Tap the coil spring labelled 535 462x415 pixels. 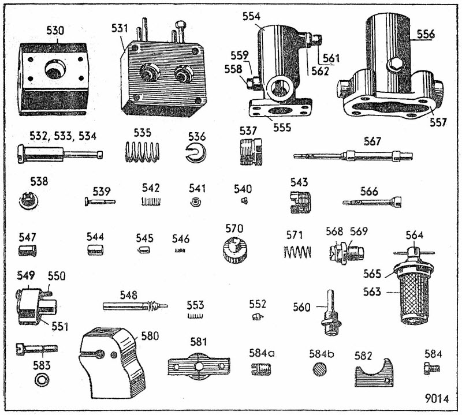(x=142, y=153)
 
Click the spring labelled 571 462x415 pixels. (x=298, y=252)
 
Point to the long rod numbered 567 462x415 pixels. (x=353, y=155)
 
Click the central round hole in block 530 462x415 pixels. (x=56, y=72)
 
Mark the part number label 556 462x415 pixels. (x=426, y=35)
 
